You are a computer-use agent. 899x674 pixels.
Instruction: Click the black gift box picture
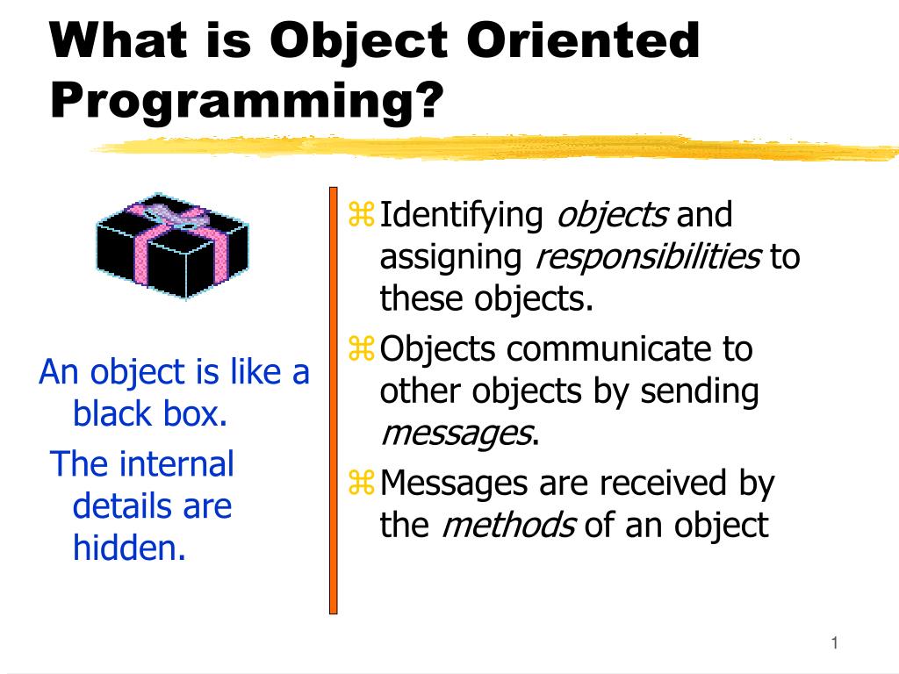pos(171,247)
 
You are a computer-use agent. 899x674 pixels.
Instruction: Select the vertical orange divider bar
pos(334,399)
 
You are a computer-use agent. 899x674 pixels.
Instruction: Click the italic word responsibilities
pos(648,257)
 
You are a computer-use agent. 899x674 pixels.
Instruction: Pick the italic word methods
pos(507,525)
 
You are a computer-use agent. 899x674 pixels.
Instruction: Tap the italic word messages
pos(455,433)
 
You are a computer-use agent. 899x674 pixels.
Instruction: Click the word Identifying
pos(462,215)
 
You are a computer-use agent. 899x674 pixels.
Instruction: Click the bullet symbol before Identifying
pos(362,213)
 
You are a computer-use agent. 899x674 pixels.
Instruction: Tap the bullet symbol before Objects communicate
pos(362,350)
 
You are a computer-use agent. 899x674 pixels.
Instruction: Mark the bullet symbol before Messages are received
pos(362,482)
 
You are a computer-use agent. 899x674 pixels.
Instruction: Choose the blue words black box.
pos(150,413)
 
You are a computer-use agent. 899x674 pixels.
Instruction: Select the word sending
pos(699,391)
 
